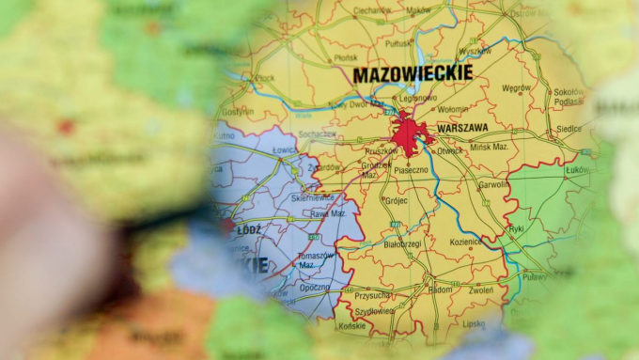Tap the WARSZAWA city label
coord(463,127)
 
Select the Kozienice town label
coord(466,242)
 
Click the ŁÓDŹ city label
coord(250,227)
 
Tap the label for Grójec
coord(397,200)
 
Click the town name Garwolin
coord(494,185)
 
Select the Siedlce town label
coord(569,128)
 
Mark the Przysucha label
coord(374,296)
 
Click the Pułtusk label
coord(398,43)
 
